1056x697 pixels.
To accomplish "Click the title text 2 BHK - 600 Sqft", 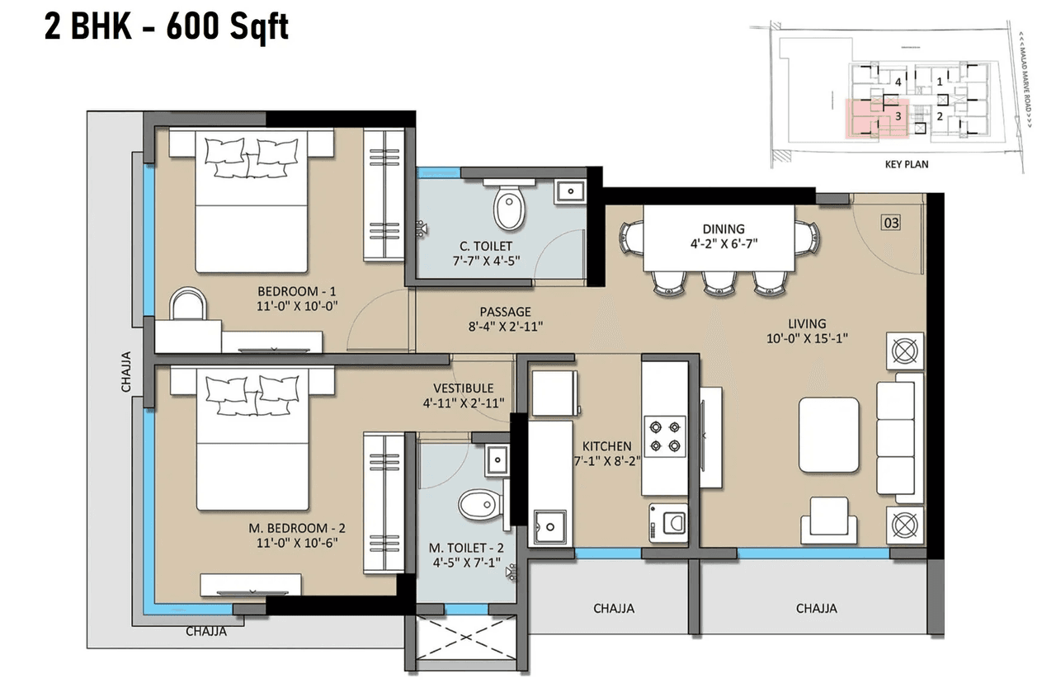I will [x=166, y=28].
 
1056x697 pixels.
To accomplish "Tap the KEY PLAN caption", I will [x=906, y=164].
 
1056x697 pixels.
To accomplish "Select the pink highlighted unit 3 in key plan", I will [x=874, y=117].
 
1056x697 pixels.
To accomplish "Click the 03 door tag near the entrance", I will [x=891, y=222].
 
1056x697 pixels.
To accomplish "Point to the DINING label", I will [x=724, y=229].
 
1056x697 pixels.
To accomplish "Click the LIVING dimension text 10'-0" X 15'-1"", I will [x=806, y=337].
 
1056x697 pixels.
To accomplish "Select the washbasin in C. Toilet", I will [x=569, y=191].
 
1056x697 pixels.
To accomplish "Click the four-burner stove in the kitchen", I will [x=665, y=436].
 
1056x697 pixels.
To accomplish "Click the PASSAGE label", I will [x=505, y=312].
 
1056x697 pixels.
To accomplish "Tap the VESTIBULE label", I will [x=463, y=388].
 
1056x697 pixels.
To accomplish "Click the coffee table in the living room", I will [x=828, y=434].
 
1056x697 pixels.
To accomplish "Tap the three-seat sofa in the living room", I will [x=898, y=436].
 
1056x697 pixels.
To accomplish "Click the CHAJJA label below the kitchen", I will [x=614, y=609].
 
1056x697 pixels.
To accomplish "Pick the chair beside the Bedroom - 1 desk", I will [x=189, y=304].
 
